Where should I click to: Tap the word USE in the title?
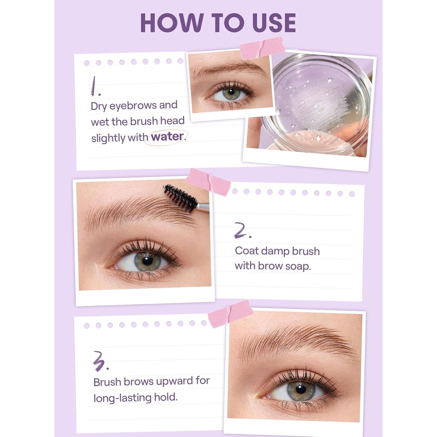point(274,23)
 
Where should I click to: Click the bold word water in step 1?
point(167,136)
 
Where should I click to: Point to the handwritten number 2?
point(242,230)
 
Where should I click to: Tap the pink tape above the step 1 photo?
point(262,48)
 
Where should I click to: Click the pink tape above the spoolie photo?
point(208,182)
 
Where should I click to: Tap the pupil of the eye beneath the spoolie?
point(147,260)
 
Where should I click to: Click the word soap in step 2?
point(298,266)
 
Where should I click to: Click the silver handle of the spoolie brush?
point(203,207)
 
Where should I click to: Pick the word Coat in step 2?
point(247,251)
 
